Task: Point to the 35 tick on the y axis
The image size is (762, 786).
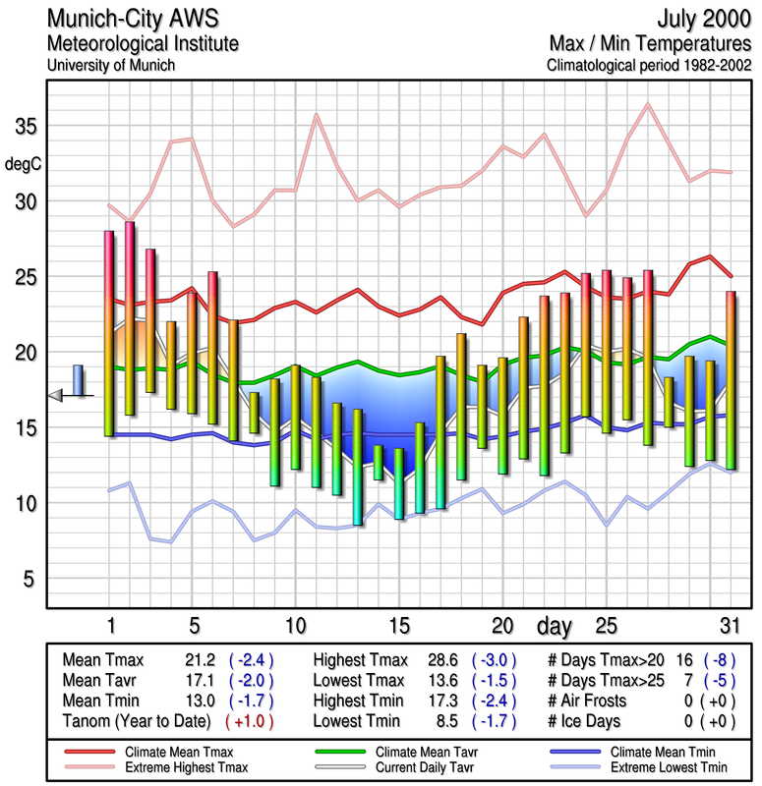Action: pos(25,127)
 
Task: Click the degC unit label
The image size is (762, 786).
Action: pos(24,164)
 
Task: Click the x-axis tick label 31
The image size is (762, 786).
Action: pos(729,626)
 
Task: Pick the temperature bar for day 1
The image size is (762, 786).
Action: pos(109,333)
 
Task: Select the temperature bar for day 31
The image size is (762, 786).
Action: pos(730,379)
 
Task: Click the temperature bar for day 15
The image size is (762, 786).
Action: pos(399,483)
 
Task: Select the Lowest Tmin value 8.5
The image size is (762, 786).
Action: pos(445,720)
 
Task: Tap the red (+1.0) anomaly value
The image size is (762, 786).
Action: pos(250,720)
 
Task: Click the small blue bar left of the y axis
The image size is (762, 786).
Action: pos(78,379)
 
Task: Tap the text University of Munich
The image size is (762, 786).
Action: pos(111,65)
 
